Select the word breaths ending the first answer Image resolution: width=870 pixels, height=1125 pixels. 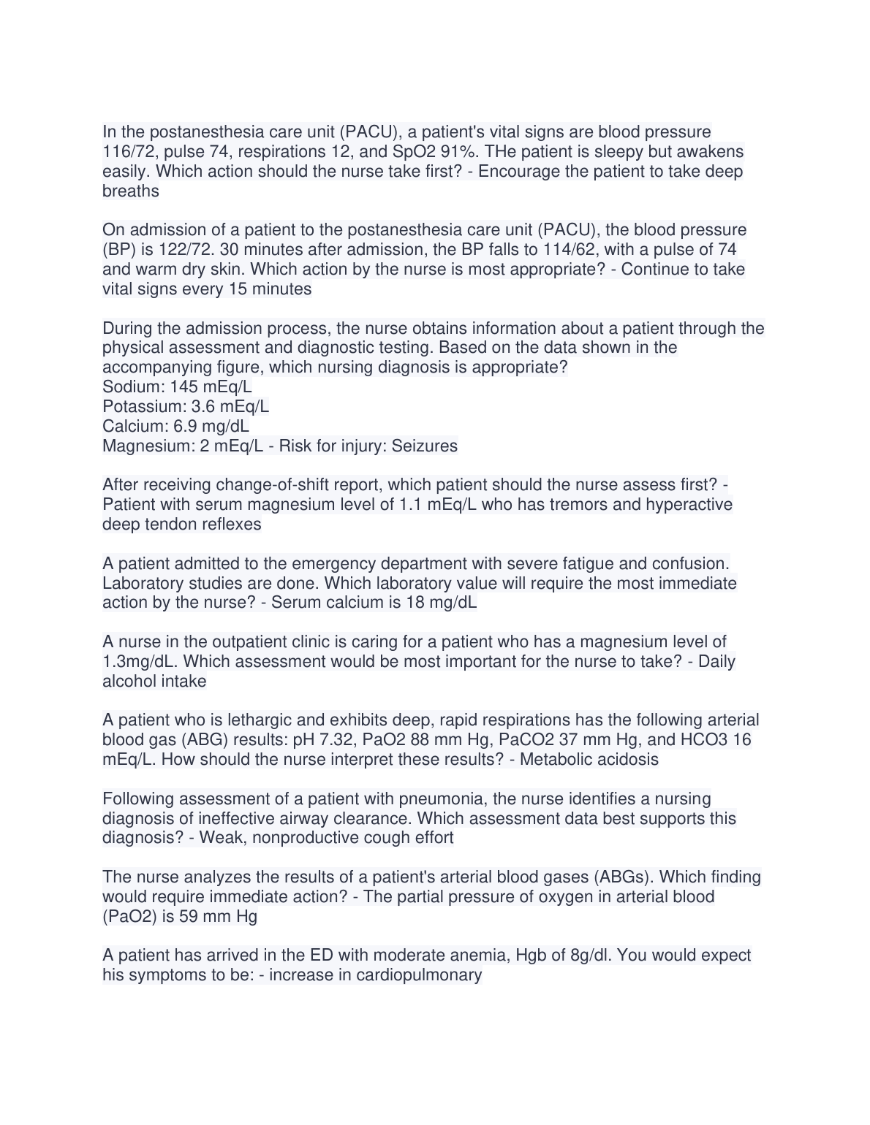point(131,191)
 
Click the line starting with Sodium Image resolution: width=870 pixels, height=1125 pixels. point(177,386)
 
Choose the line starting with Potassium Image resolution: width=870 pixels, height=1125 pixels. point(186,406)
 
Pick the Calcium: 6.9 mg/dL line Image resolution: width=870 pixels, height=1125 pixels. point(175,426)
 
